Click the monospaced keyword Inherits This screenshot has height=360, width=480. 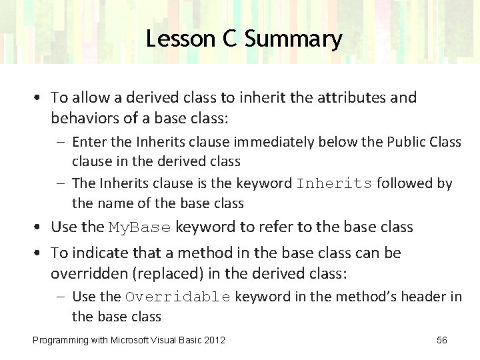tap(334, 183)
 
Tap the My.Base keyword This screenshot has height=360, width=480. tap(141, 227)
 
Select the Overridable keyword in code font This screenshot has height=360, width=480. tap(178, 297)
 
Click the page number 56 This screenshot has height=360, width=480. tap(441, 341)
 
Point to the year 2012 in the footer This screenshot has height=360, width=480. tap(214, 341)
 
